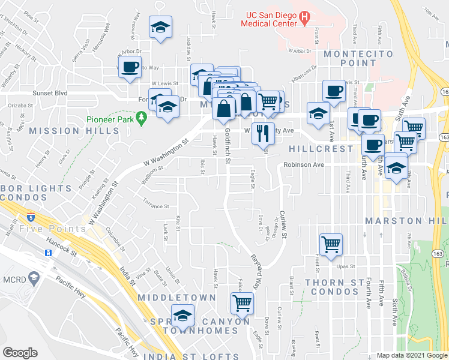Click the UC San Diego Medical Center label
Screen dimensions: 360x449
pyautogui.click(x=268, y=19)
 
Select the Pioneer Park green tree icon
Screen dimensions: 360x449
pyautogui.click(x=142, y=119)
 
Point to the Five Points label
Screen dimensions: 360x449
pyautogui.click(x=44, y=229)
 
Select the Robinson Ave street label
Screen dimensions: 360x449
pyautogui.click(x=304, y=164)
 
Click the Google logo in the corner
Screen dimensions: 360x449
pyautogui.click(x=20, y=353)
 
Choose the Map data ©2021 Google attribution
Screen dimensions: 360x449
pyautogui.click(x=412, y=356)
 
